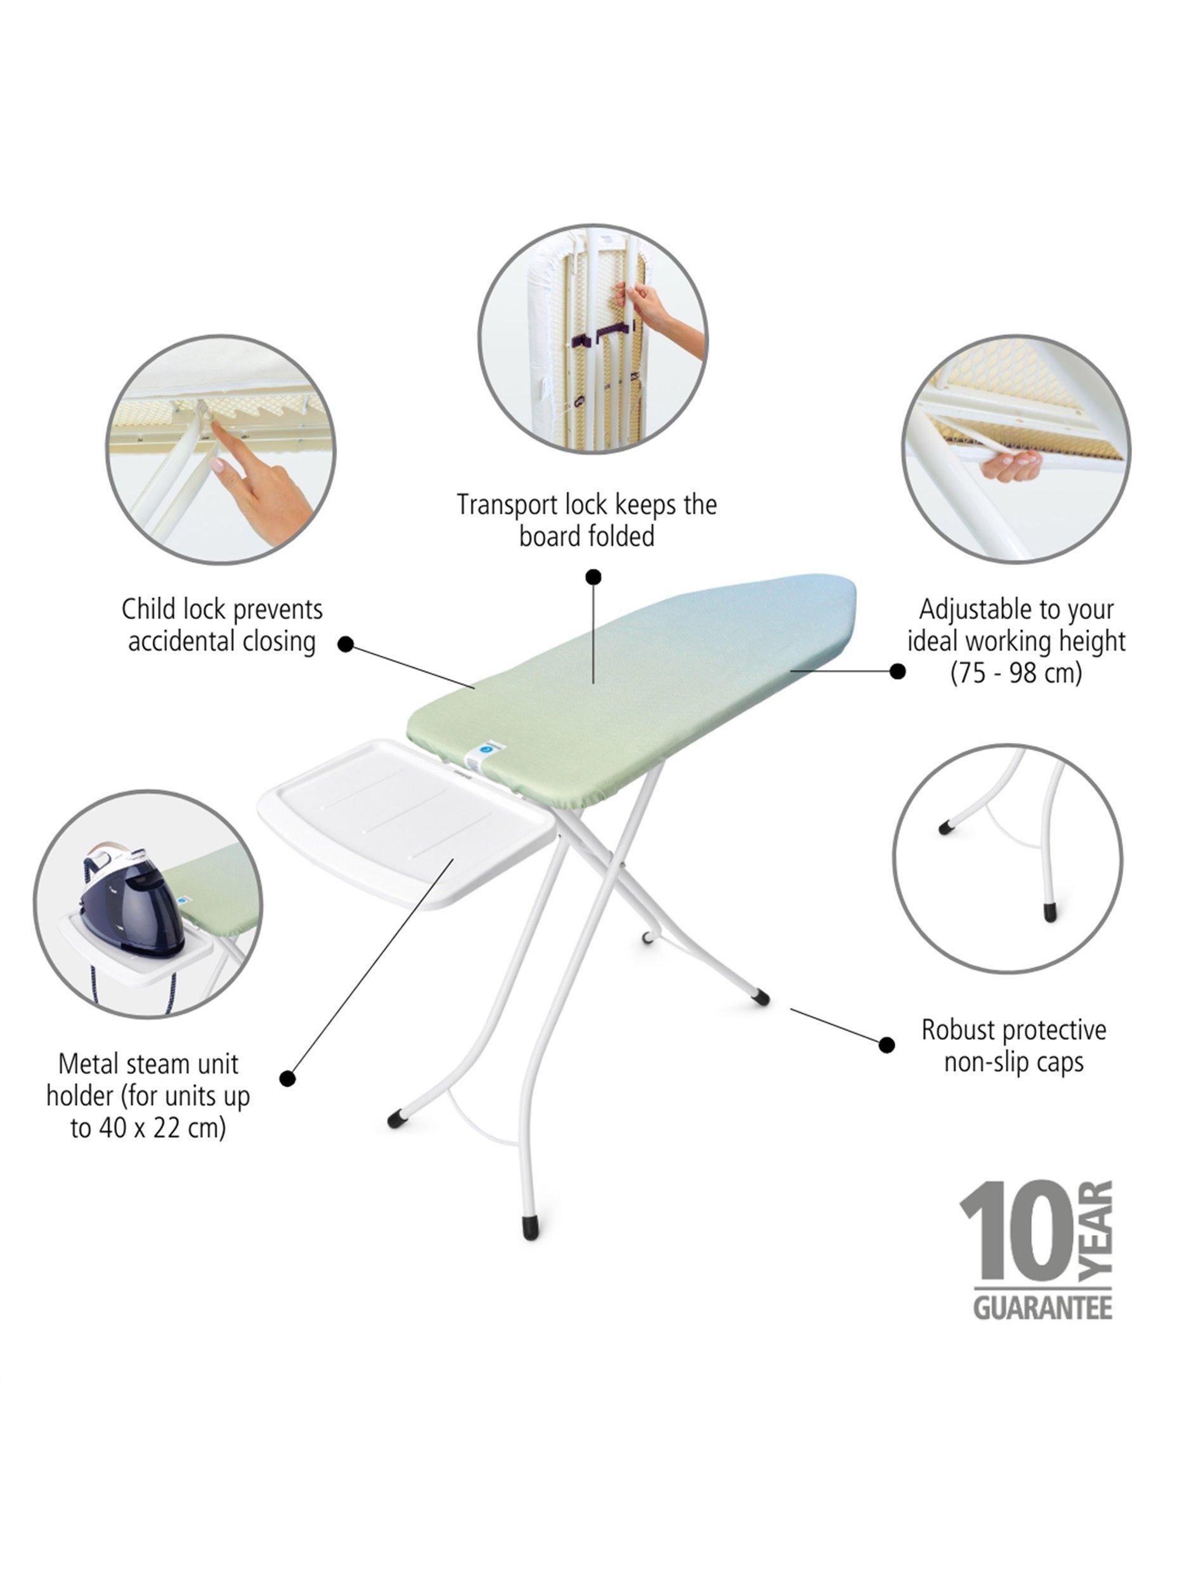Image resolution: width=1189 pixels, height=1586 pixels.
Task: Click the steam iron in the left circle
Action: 133,900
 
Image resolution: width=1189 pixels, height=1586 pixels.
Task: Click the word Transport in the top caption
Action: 507,505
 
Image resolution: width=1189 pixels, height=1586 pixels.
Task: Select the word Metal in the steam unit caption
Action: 89,1064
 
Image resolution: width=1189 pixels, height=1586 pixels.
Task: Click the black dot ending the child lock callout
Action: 346,644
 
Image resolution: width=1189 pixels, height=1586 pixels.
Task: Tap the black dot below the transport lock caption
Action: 594,577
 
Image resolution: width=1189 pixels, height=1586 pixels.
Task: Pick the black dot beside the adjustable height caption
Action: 897,671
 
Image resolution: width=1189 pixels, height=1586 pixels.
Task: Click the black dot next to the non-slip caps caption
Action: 887,1045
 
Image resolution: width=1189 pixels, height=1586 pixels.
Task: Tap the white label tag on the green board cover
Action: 483,755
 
